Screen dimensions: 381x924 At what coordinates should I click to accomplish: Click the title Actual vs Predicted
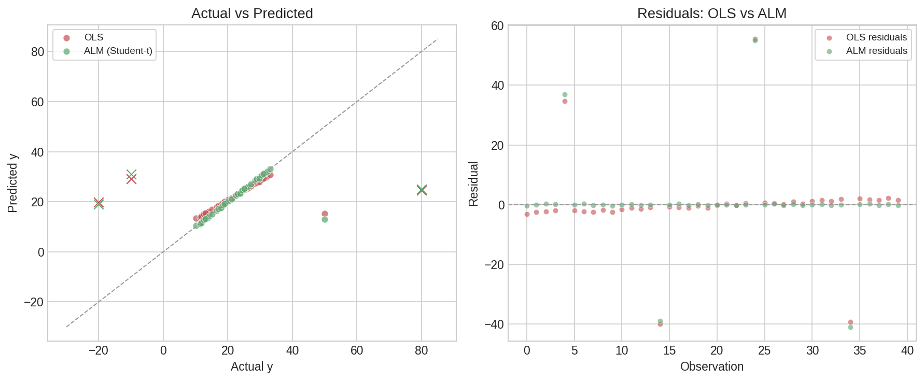click(252, 13)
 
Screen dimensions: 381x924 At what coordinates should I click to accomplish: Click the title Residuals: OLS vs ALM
click(711, 13)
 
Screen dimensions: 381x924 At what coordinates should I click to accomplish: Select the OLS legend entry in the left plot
click(93, 37)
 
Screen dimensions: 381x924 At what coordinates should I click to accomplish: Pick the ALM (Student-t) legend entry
click(118, 51)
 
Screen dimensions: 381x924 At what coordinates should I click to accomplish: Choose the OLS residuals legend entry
click(876, 37)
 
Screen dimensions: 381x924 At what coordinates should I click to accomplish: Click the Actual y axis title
click(251, 366)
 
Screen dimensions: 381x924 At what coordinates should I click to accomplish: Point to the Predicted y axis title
click(13, 183)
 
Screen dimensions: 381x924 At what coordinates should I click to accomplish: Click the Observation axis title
click(711, 366)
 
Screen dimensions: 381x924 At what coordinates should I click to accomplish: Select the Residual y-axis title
click(473, 184)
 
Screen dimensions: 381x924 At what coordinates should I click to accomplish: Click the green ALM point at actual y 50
click(325, 219)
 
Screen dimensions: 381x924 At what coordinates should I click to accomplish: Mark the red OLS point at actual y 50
click(325, 214)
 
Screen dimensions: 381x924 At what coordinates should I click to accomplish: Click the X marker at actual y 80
click(422, 190)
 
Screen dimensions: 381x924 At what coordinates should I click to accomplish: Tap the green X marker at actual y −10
click(131, 174)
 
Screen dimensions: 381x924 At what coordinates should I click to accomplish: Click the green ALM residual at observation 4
click(565, 94)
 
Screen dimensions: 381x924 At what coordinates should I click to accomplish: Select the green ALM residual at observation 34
click(850, 327)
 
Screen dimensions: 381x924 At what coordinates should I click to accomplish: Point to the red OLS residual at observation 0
click(527, 214)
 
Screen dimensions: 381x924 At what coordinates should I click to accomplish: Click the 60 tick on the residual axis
click(497, 25)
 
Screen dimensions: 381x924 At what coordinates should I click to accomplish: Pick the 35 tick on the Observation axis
click(860, 350)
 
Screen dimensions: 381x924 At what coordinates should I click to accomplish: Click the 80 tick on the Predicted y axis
click(37, 52)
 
